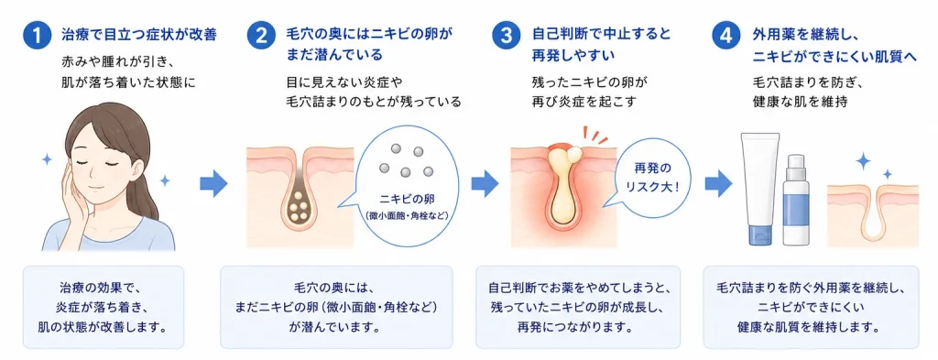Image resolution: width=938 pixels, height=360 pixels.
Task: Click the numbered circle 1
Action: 38,36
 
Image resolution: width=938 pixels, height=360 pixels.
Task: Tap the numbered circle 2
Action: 261,36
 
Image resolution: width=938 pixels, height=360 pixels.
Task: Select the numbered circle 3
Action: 507,36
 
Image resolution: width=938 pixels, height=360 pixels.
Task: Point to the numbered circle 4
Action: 726,36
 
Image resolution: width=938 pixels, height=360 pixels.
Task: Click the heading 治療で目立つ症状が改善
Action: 139,35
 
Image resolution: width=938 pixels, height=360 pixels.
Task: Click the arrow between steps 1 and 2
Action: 213,183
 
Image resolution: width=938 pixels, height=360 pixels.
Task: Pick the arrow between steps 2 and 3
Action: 485,183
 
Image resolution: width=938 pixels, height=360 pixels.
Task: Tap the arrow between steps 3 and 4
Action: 718,183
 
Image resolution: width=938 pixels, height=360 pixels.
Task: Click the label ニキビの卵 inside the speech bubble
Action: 405,199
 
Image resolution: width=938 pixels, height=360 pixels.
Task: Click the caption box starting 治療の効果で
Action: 104,307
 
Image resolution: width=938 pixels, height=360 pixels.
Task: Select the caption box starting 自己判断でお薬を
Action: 578,307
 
